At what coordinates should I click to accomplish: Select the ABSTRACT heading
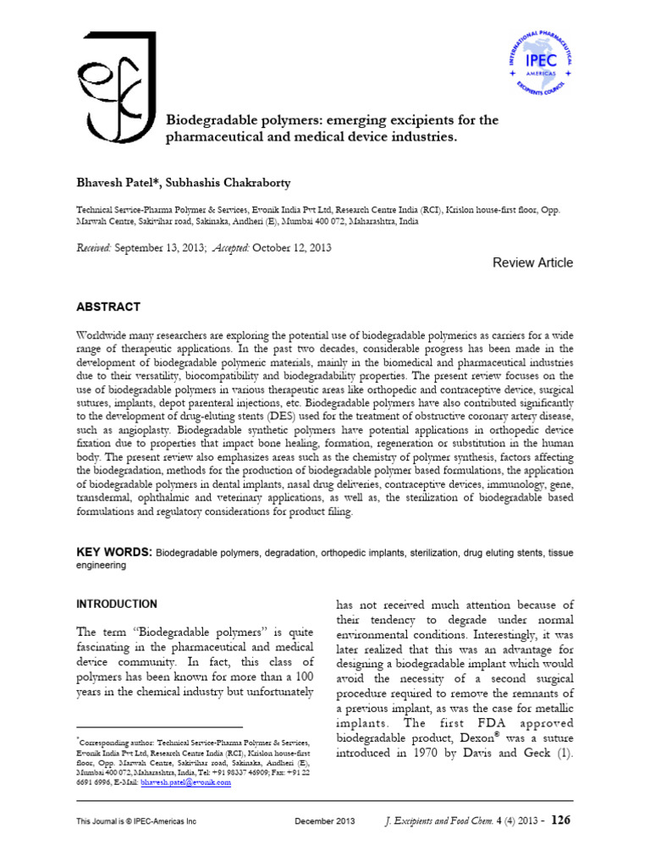click(x=109, y=306)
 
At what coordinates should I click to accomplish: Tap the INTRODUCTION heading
click(x=117, y=604)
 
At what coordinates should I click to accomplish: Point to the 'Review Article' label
click(x=532, y=262)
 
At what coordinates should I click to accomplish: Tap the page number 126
click(x=562, y=820)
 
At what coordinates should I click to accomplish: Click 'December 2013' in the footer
click(x=326, y=822)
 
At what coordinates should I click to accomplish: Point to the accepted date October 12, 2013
click(x=290, y=248)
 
